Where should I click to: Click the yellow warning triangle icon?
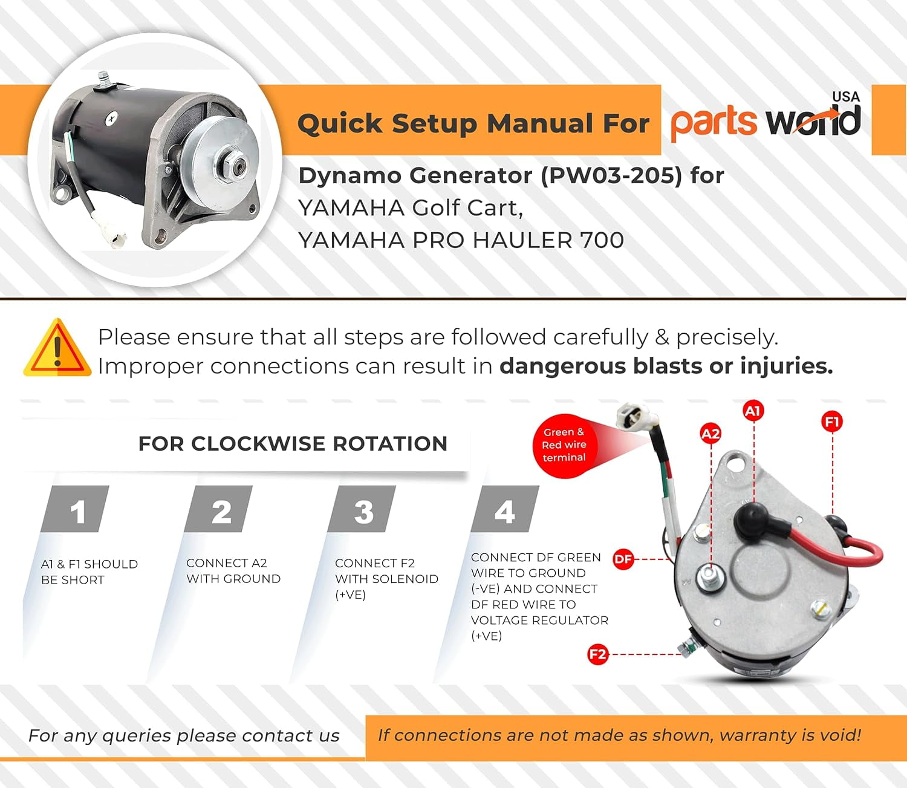point(57,348)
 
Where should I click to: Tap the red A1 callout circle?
point(753,411)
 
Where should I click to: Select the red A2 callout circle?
point(710,434)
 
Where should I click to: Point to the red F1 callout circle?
point(832,422)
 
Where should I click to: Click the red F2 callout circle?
point(597,654)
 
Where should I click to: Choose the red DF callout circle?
point(623,559)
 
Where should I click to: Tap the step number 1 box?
point(75,509)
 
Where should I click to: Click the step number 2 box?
point(218,509)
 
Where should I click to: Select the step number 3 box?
point(362,509)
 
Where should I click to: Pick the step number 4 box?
point(505,509)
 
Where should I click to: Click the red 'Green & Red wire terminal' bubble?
point(564,445)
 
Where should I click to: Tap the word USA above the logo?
point(846,97)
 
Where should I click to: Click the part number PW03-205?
point(611,175)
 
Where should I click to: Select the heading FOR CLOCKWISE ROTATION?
point(293,444)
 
